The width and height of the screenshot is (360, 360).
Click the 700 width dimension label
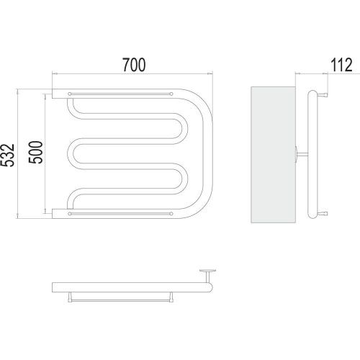(134, 65)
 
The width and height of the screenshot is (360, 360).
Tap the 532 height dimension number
(8, 156)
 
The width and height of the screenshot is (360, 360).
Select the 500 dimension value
(35, 153)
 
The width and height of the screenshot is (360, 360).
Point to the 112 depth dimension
(341, 65)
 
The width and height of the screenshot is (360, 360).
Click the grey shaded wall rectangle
(273, 155)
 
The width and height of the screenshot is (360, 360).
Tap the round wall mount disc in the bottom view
(207, 271)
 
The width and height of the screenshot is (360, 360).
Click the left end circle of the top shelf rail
(70, 94)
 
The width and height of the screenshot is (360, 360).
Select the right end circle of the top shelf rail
(171, 94)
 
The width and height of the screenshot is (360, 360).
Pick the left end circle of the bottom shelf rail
(70, 214)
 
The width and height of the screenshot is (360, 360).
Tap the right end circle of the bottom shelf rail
(171, 214)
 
